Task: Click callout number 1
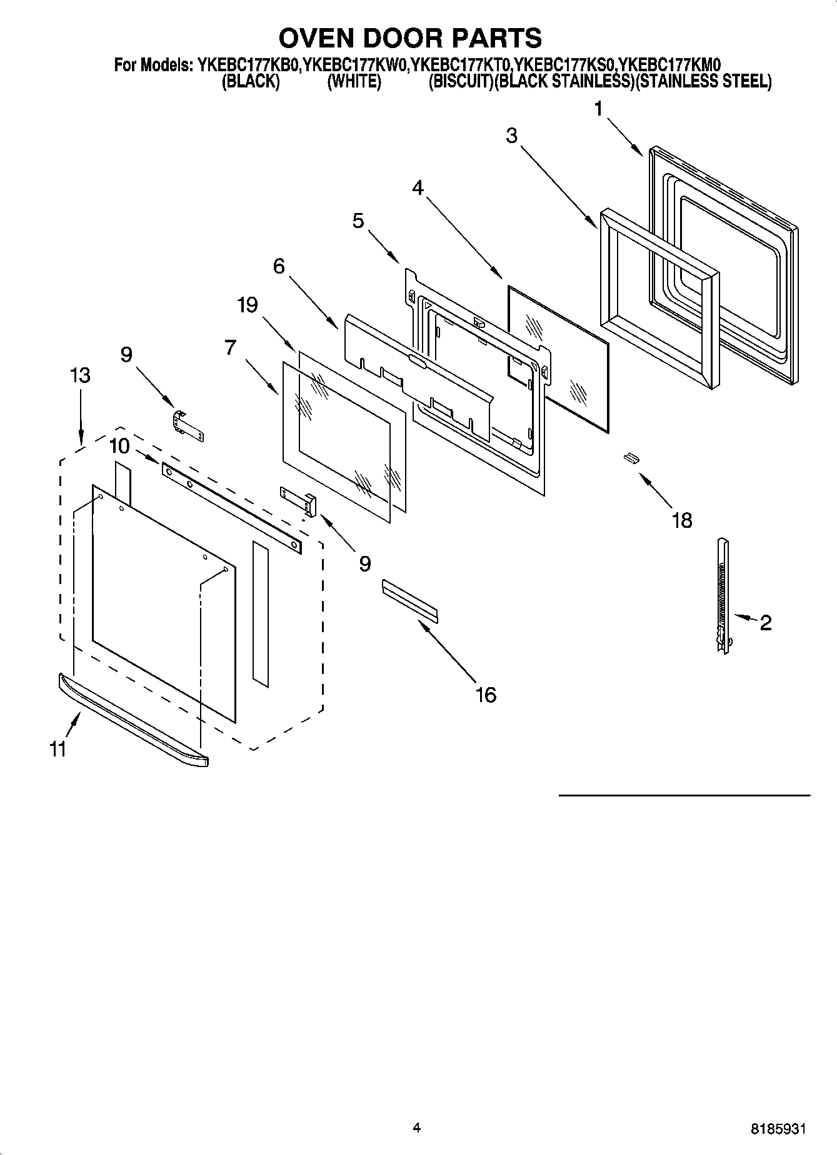[598, 109]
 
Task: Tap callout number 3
[512, 136]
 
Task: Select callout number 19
[247, 305]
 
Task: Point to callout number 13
[80, 375]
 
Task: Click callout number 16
[485, 694]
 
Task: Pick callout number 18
[681, 520]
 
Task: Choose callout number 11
[58, 748]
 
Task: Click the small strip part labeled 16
[409, 600]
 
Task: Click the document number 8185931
[778, 1129]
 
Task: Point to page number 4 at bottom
[417, 1128]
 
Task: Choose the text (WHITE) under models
[354, 82]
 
